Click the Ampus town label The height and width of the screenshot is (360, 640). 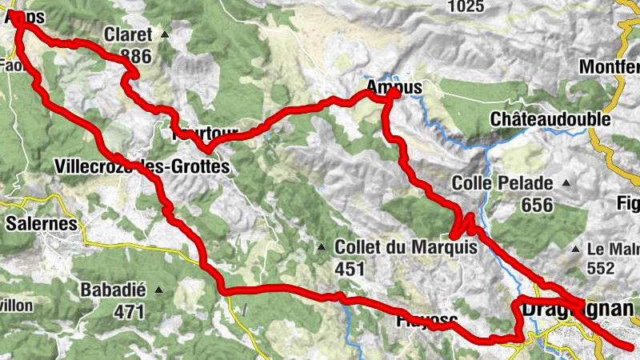(x=392, y=86)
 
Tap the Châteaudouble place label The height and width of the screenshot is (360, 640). (x=550, y=120)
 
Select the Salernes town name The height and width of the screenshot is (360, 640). (x=41, y=223)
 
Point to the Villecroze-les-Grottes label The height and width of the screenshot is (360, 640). (x=142, y=167)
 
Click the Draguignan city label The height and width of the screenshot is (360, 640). (x=578, y=309)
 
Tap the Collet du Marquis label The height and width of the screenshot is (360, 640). (x=406, y=248)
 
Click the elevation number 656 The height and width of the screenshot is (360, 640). (x=537, y=206)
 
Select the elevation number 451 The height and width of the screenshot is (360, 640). (x=350, y=270)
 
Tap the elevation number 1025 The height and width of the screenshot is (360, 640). (x=466, y=6)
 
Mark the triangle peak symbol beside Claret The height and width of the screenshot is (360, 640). (x=165, y=34)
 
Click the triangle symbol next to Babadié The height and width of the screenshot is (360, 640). (x=159, y=290)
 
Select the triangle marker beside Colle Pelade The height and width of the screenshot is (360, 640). (x=566, y=183)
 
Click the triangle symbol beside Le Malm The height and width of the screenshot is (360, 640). (x=575, y=249)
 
